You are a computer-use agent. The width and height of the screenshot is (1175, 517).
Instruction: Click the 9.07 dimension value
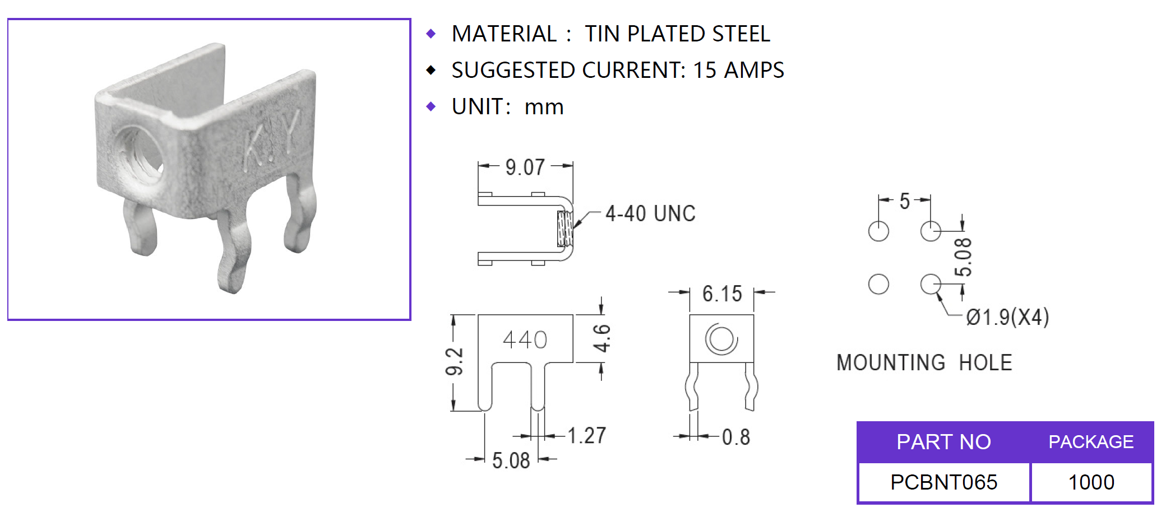(525, 167)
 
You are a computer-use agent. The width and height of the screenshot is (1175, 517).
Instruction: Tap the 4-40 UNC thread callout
(650, 213)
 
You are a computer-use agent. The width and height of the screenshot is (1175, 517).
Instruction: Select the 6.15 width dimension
(722, 294)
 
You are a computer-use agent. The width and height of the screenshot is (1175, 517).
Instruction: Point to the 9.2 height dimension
(455, 361)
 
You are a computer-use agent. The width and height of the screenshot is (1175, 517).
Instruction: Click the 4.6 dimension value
(602, 338)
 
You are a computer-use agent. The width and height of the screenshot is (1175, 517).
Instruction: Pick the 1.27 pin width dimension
(587, 435)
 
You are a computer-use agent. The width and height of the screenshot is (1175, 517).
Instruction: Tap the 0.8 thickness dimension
(736, 437)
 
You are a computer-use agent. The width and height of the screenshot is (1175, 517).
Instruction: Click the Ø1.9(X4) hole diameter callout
(1007, 318)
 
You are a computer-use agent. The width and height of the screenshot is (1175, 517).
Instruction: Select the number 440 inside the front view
(525, 339)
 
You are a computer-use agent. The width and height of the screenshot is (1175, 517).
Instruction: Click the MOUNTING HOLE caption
(924, 363)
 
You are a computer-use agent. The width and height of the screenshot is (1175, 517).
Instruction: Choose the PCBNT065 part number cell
(944, 482)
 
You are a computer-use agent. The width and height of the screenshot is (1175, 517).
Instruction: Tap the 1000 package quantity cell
(1091, 482)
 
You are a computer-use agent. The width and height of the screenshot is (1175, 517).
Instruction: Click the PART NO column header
(943, 442)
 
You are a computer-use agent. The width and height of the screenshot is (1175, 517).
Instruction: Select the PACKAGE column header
(1091, 442)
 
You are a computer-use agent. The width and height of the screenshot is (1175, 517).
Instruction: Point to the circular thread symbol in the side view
(721, 339)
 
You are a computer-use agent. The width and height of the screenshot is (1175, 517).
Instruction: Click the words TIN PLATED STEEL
(677, 34)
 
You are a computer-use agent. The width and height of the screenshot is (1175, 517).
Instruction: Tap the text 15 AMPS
(738, 71)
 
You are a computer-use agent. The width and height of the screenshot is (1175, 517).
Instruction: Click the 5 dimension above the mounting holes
(904, 201)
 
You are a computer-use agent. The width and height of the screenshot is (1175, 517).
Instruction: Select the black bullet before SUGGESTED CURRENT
(431, 71)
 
